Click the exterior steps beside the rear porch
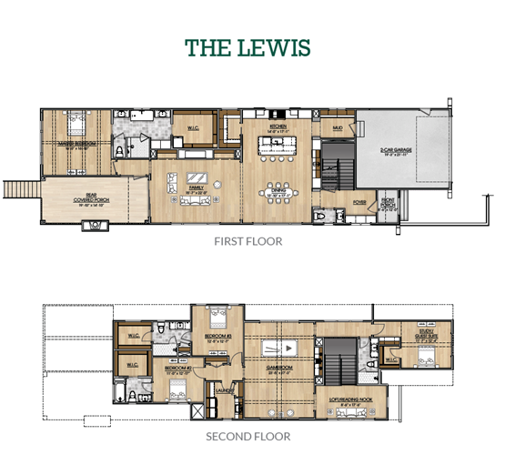point(17,190)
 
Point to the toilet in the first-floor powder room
point(320,216)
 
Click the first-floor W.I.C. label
point(193,126)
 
